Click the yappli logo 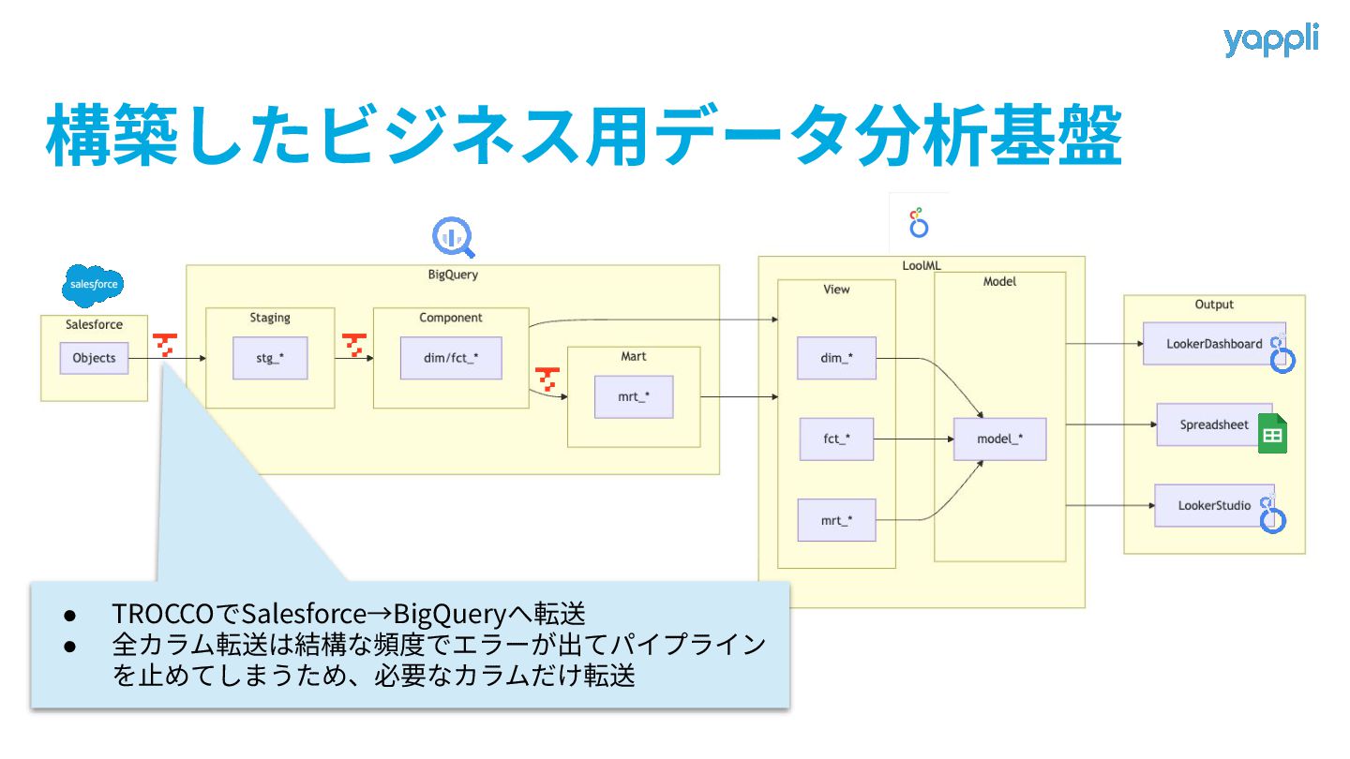[1270, 40]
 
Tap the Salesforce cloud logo [94, 284]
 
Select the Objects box [94, 358]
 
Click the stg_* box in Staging [270, 358]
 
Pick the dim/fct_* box [451, 358]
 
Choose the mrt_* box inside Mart [634, 396]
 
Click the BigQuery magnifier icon [454, 237]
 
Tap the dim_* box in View [836, 358]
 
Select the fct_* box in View [836, 439]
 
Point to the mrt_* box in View [836, 520]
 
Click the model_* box [999, 439]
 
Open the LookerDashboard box [1213, 344]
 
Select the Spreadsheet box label [1214, 424]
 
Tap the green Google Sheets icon [1272, 434]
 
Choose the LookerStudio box [1214, 505]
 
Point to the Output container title [1214, 305]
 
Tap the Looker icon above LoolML [919, 223]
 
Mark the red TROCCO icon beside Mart [547, 380]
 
